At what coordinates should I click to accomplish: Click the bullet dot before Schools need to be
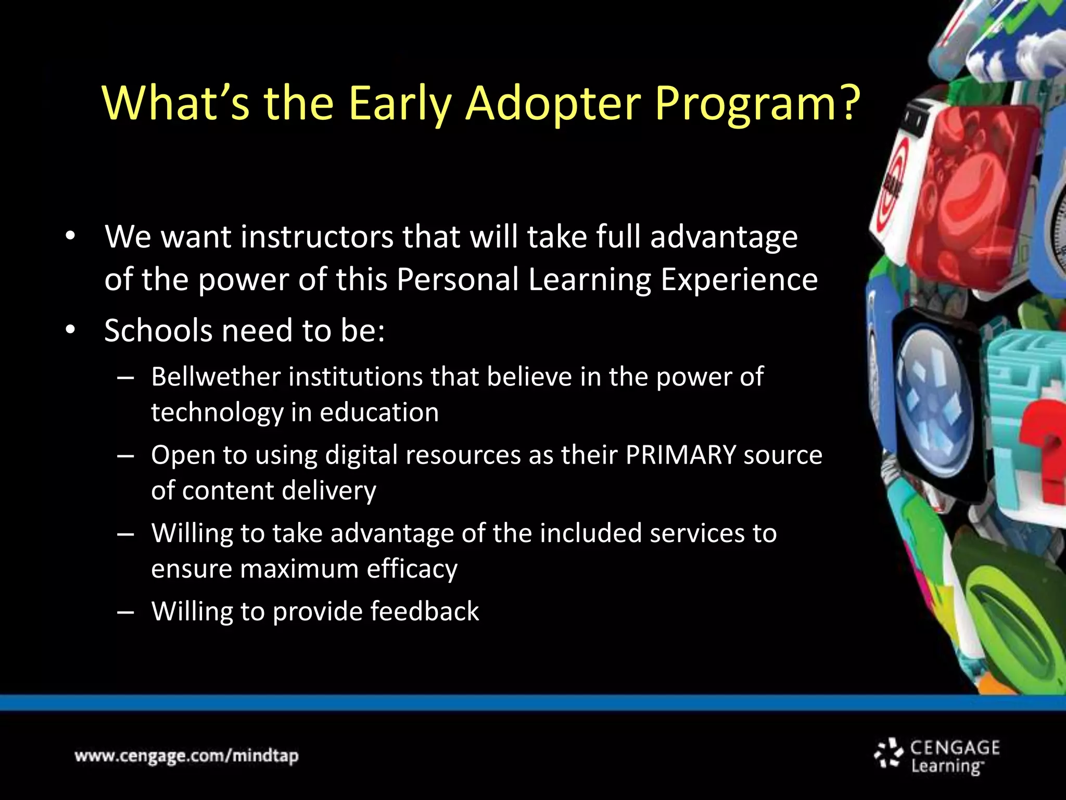pyautogui.click(x=71, y=330)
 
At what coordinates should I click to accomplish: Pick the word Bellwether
pyautogui.click(x=215, y=377)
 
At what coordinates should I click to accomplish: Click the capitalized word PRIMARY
pyautogui.click(x=680, y=455)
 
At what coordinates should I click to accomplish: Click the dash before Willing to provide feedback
pyautogui.click(x=125, y=612)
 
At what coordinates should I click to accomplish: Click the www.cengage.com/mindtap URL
pyautogui.click(x=186, y=756)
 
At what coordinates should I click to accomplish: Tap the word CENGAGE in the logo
pyautogui.click(x=955, y=747)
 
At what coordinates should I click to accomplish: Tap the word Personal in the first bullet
pyautogui.click(x=458, y=280)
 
